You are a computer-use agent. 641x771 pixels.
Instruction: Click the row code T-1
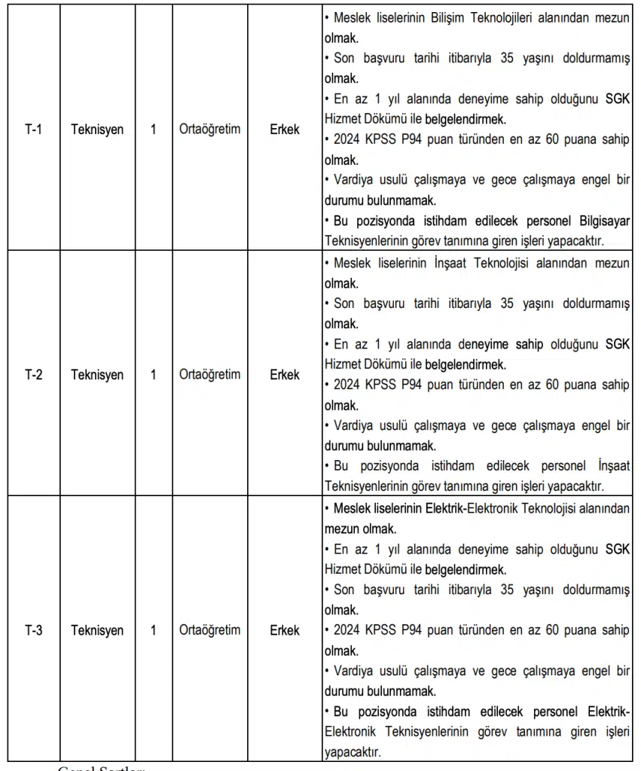[32, 129]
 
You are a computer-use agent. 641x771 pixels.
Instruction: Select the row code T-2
[32, 374]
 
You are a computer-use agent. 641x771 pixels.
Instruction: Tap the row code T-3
[32, 630]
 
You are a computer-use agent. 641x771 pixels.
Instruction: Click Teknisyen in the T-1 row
[97, 129]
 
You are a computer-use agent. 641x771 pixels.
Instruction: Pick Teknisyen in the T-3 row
[97, 630]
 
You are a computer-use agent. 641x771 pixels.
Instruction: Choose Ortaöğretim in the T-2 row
[210, 374]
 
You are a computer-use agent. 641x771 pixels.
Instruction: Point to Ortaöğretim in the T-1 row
[210, 129]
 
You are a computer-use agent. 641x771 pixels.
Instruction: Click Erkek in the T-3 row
[285, 630]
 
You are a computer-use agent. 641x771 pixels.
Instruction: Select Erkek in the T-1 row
[285, 129]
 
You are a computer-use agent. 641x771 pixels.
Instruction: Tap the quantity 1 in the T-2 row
[154, 374]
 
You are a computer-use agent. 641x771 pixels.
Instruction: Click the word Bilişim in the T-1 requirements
[452, 17]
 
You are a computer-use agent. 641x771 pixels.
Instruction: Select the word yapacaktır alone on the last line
[353, 751]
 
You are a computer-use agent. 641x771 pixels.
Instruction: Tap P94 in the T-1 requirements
[413, 139]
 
